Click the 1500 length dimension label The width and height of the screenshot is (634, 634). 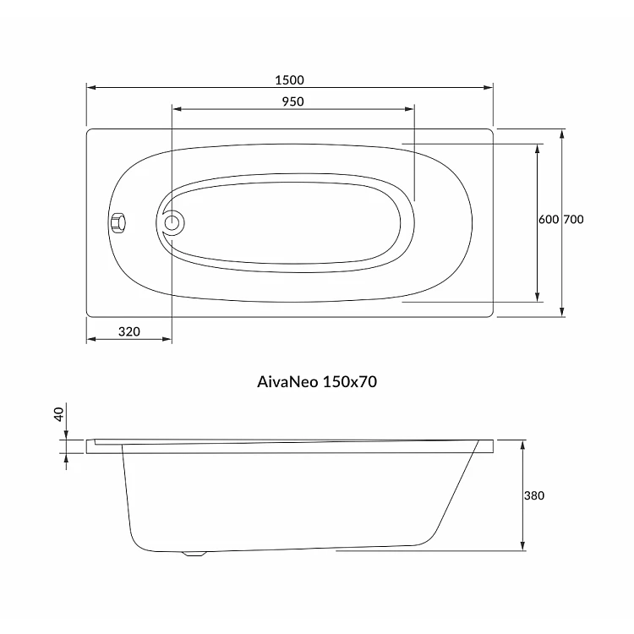(x=289, y=80)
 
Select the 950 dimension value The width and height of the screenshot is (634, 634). (x=292, y=101)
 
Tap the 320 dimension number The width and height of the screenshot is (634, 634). (x=129, y=331)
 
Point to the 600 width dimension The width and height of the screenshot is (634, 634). (x=549, y=219)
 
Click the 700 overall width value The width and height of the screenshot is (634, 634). (x=573, y=219)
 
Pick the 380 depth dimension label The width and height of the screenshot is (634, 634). (x=534, y=495)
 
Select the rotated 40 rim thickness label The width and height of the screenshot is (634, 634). (x=59, y=414)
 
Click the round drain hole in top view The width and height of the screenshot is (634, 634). (x=172, y=222)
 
